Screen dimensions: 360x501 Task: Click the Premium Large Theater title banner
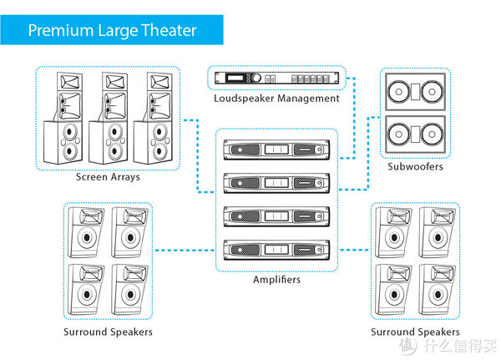[x=112, y=31]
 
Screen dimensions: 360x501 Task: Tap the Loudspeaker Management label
[x=276, y=98]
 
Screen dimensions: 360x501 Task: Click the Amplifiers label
[x=276, y=279]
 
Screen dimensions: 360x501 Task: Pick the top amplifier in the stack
[x=276, y=150]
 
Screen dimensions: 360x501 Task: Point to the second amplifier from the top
[x=276, y=182]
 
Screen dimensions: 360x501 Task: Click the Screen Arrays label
[x=108, y=177]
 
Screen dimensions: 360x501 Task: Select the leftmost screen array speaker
[x=68, y=120]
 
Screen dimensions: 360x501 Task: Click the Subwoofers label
[x=415, y=167]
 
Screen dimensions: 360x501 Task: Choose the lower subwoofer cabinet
[x=415, y=134]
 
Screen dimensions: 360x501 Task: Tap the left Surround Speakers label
[x=108, y=332]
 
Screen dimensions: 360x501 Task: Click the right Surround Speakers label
[x=415, y=332]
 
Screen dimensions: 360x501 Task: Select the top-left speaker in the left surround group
[x=87, y=233]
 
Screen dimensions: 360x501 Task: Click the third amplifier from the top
[x=276, y=215]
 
